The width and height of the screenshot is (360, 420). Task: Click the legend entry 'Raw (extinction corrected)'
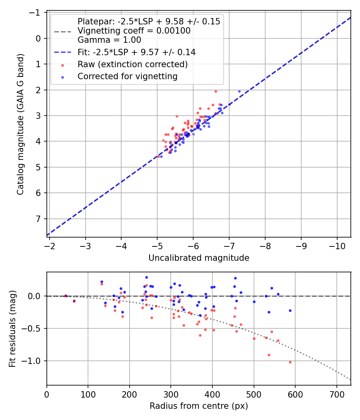point(132,64)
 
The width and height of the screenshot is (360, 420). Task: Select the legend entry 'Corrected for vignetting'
point(127,76)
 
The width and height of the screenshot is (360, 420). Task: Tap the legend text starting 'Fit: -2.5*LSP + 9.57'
point(136,52)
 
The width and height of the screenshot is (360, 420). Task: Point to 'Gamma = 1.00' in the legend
point(109,40)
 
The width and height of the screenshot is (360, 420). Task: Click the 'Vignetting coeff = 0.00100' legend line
point(134,31)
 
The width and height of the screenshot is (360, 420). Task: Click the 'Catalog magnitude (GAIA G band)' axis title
point(20,124)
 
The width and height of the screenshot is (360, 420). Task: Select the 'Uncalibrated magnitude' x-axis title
point(199,258)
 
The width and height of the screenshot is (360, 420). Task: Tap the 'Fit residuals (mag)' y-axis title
point(12,328)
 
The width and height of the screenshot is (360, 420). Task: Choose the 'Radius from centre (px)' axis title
point(199,406)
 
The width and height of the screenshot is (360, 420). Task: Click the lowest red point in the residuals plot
point(290,362)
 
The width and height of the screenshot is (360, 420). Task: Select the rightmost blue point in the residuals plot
point(290,310)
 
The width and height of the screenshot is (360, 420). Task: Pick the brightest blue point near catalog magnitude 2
point(239,91)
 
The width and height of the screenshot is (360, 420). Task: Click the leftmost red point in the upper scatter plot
point(158,156)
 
